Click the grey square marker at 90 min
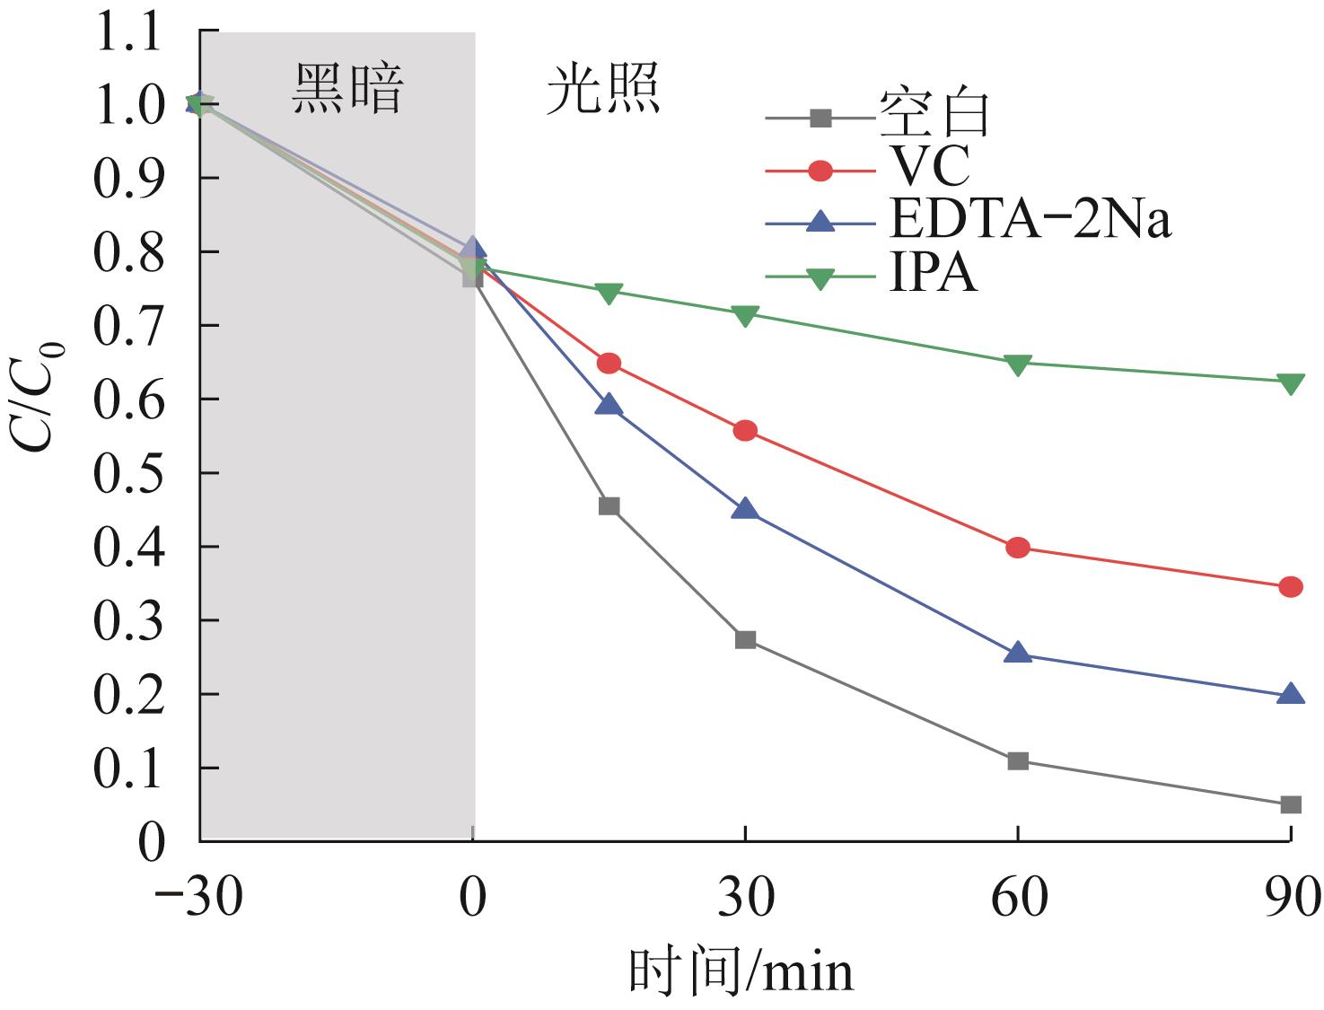click(1290, 804)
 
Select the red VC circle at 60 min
click(1017, 548)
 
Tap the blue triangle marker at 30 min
click(745, 510)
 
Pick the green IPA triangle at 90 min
click(1290, 383)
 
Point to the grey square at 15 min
click(609, 506)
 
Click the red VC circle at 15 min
click(609, 364)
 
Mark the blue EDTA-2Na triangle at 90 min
click(1290, 694)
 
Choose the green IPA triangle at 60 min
click(1017, 364)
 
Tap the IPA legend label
click(933, 274)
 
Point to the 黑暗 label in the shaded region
click(348, 90)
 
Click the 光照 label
click(603, 90)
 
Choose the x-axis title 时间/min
click(741, 972)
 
